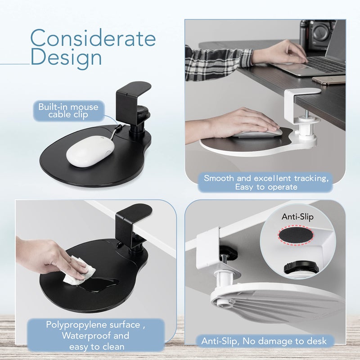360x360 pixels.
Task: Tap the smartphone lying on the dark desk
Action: click(329, 80)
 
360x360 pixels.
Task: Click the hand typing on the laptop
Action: click(279, 52)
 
